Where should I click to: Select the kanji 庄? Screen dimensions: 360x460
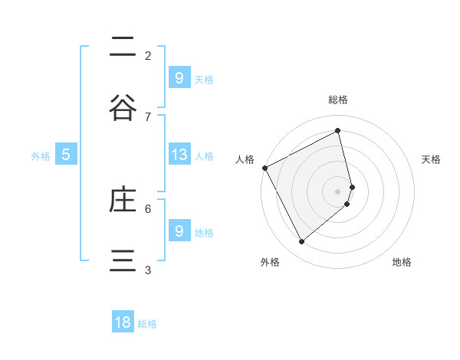[123, 200]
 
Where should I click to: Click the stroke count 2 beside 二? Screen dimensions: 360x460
[148, 55]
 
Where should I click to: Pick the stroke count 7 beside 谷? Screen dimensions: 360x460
[148, 116]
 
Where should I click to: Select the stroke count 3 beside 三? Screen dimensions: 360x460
[148, 270]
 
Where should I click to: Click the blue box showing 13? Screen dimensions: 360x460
[179, 155]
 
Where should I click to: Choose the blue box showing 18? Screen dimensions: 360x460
[123, 322]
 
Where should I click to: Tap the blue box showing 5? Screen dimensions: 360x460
[66, 155]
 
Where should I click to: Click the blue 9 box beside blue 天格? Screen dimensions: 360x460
[179, 77]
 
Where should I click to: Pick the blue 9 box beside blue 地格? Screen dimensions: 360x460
[179, 231]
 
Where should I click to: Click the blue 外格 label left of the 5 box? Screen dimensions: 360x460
[41, 156]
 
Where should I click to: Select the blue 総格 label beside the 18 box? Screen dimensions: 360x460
[147, 324]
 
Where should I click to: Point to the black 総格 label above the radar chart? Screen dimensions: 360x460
[337, 100]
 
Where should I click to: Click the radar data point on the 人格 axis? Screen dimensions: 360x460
[264, 167]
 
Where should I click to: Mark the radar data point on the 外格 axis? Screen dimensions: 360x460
[301, 242]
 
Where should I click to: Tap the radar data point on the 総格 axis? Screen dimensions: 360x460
[337, 130]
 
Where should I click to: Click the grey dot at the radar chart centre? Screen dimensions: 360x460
[337, 191]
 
